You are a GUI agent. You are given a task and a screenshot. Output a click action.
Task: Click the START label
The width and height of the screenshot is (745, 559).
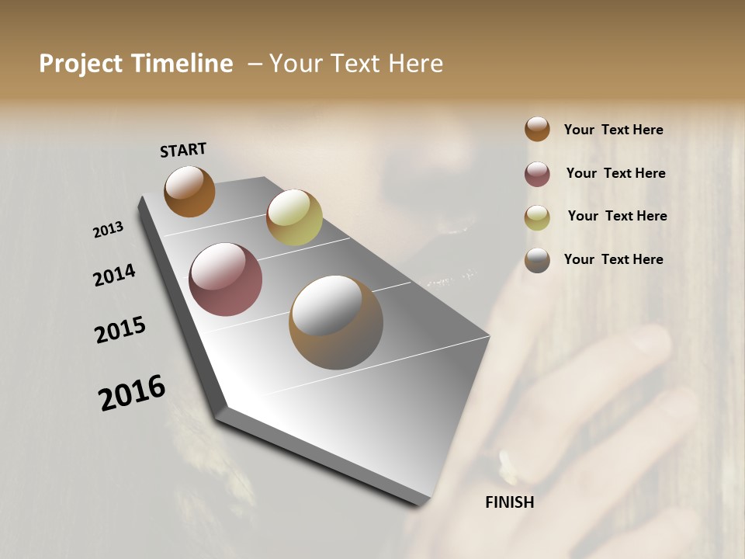click(183, 150)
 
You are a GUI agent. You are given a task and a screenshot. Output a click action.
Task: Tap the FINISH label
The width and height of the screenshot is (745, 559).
click(509, 502)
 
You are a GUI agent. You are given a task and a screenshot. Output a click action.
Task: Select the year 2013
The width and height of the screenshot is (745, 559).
click(108, 230)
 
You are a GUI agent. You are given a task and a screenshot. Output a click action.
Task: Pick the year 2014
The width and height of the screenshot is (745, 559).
click(114, 275)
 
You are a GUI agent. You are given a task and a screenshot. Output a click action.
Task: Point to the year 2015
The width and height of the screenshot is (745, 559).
click(120, 330)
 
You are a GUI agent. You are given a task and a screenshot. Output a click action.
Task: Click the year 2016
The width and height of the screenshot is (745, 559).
click(132, 393)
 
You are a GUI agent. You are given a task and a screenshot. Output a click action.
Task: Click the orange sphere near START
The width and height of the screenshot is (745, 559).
click(189, 191)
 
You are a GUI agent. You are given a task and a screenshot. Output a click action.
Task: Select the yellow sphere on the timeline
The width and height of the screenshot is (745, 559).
click(294, 217)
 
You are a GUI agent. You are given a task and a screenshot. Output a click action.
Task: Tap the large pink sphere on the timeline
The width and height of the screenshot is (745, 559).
click(225, 279)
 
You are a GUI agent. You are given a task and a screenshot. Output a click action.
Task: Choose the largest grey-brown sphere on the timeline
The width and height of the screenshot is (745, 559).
click(335, 321)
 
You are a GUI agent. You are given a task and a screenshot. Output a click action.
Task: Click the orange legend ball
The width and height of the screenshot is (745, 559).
click(537, 129)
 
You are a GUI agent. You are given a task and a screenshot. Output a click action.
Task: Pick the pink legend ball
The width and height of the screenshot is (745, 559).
click(537, 174)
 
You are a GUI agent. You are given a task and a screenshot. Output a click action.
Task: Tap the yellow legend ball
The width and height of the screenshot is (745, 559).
click(537, 217)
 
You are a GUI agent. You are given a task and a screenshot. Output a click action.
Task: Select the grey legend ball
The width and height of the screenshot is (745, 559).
click(537, 260)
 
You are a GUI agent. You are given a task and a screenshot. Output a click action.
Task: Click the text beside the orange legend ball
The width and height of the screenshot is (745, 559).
click(613, 130)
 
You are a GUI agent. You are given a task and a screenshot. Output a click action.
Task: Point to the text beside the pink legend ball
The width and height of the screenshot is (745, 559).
click(615, 173)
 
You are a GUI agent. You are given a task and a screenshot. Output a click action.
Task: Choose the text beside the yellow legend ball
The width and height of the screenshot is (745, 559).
click(617, 216)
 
